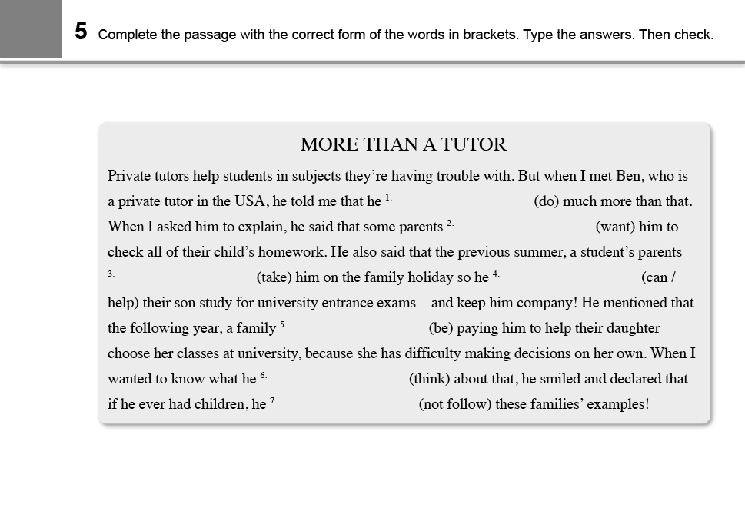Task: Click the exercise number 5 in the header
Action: (81, 32)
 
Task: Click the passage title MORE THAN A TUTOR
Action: (403, 144)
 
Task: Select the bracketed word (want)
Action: (616, 227)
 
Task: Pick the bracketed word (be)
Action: (440, 328)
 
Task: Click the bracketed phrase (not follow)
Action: (454, 404)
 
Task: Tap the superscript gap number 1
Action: (388, 197)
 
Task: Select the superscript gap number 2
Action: (450, 223)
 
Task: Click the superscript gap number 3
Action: (111, 274)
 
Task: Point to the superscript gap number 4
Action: (496, 274)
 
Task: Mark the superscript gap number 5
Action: (283, 324)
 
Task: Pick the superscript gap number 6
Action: (263, 375)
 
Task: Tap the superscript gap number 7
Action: (273, 400)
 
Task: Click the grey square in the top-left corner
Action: (31, 29)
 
